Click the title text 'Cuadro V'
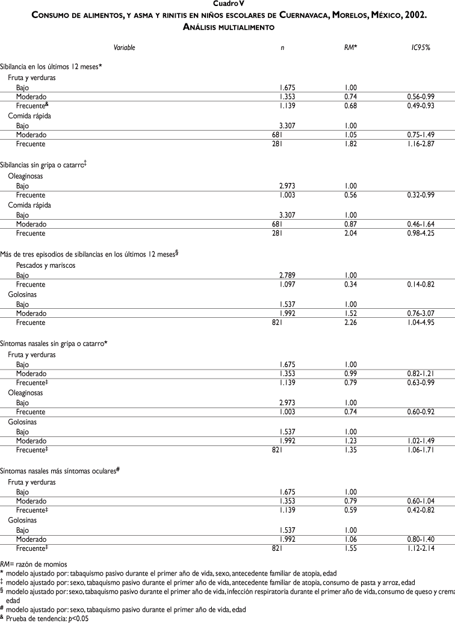(x=227, y=4)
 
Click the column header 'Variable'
(x=125, y=47)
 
